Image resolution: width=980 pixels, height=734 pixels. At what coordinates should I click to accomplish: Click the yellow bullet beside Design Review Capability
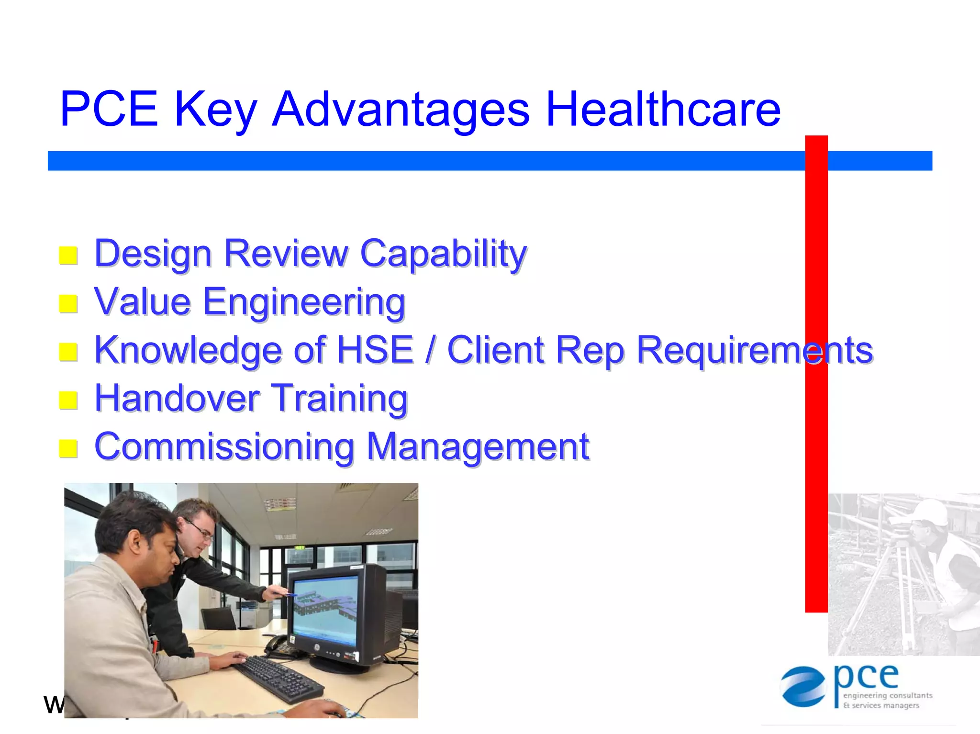point(68,256)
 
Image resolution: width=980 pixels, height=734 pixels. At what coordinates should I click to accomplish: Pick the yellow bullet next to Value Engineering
point(68,303)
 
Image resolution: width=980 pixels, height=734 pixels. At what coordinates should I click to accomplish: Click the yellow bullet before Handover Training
point(68,400)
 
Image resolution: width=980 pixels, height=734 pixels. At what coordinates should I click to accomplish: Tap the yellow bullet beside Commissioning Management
point(68,448)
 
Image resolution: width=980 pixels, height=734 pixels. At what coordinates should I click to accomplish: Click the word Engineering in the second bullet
point(304,303)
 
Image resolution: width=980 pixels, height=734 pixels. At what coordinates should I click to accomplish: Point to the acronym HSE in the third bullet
point(375,350)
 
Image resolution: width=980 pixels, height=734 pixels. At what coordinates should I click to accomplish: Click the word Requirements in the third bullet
point(755,351)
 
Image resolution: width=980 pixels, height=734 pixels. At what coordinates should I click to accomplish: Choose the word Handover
point(177,398)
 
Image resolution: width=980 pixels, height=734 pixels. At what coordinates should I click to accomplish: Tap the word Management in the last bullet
point(478,446)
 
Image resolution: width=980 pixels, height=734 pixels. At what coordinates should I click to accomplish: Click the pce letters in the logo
point(866,677)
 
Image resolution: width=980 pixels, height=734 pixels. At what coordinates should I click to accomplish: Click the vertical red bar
point(816,373)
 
